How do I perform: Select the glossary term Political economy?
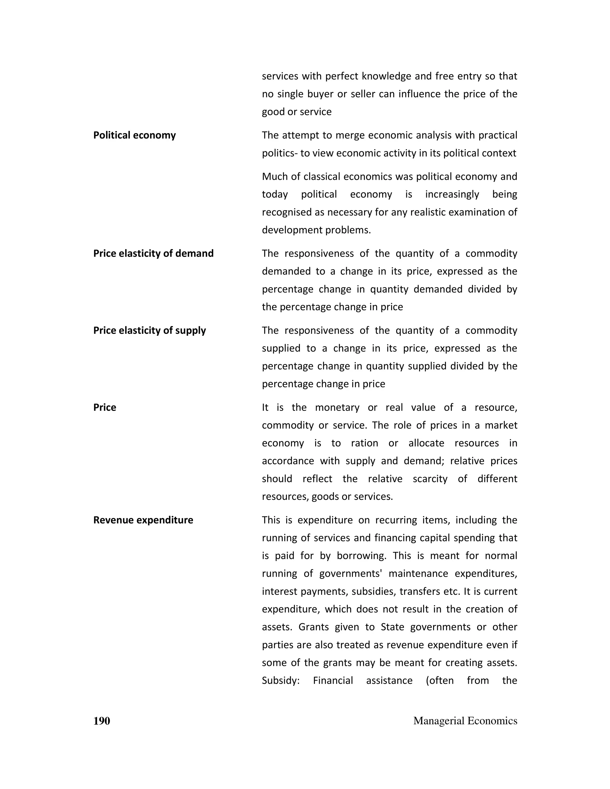coord(134,135)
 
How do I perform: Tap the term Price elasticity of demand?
coord(153,253)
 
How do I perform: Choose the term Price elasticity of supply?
coord(149,330)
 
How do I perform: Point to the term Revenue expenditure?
coord(143,520)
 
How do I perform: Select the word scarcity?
coord(430,479)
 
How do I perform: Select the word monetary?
coord(337,408)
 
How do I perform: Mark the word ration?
coord(364,443)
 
